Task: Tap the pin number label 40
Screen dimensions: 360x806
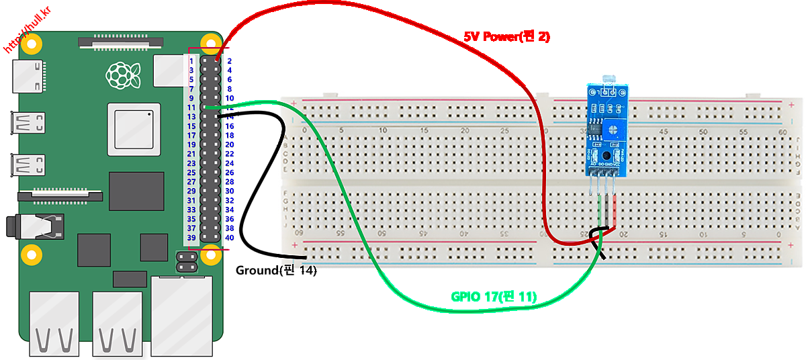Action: pyautogui.click(x=230, y=238)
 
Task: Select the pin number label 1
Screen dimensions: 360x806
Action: pyautogui.click(x=191, y=60)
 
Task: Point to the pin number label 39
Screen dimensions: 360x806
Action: pyautogui.click(x=191, y=238)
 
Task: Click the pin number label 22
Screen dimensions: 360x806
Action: pyautogui.click(x=230, y=154)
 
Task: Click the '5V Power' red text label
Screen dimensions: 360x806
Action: pyautogui.click(x=506, y=37)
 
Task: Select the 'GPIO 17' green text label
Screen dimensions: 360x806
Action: pyautogui.click(x=494, y=296)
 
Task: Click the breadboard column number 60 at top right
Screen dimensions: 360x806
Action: pyautogui.click(x=781, y=132)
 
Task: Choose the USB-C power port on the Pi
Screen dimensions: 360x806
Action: pyautogui.click(x=28, y=75)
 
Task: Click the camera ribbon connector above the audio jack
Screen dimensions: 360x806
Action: pyautogui.click(x=60, y=195)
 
